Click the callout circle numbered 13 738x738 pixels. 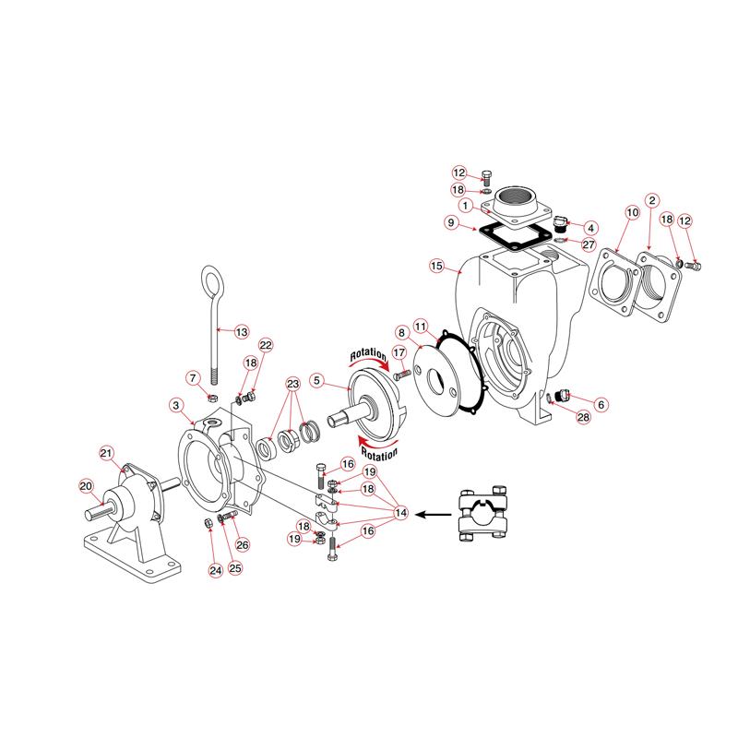(241, 331)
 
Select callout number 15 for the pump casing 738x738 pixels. (437, 267)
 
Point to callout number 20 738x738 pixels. (86, 486)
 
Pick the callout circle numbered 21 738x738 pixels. (106, 452)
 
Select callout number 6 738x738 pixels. (601, 403)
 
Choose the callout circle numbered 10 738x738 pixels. (632, 213)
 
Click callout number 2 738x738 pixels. (651, 199)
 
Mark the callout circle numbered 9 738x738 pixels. (449, 222)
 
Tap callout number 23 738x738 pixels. (293, 384)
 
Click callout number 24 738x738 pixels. (214, 571)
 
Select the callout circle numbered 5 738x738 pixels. (316, 379)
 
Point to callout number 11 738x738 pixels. (420, 327)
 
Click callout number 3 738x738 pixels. (175, 404)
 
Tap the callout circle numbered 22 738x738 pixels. (266, 344)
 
